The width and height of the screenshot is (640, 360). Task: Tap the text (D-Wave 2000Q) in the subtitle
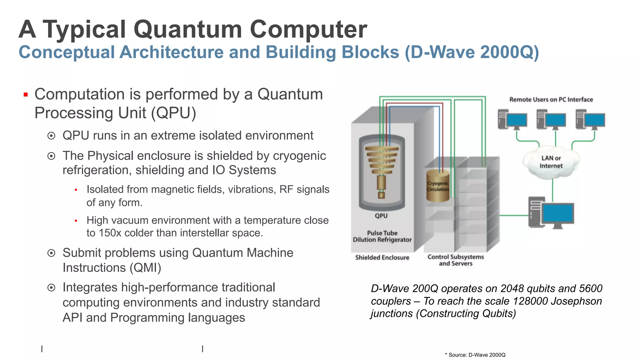472,52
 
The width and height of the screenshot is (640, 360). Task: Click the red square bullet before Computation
26,95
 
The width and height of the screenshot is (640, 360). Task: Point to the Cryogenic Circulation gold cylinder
438,186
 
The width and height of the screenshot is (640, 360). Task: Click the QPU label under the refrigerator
381,216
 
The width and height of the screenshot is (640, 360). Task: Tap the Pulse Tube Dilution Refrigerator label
382,237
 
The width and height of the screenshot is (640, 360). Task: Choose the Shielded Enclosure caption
382,257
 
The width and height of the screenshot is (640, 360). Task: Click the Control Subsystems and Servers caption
456,260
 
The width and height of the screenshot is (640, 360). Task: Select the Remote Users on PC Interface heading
551,100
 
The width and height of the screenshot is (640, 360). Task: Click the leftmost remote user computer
512,120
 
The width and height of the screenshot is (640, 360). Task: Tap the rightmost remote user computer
590,120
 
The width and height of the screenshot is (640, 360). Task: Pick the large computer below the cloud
551,213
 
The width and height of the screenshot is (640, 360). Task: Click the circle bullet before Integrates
51,288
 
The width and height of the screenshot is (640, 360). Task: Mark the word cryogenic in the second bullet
299,156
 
